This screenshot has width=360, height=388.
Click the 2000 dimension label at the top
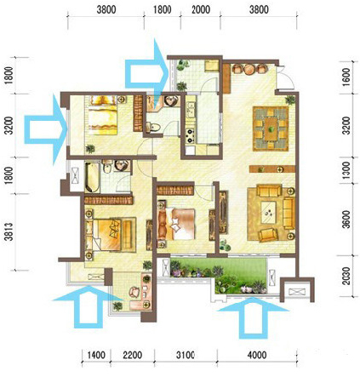tap(201, 9)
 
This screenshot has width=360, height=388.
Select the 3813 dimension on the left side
tap(9, 231)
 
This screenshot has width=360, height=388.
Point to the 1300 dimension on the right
tap(346, 170)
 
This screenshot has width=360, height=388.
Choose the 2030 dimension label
tap(346, 276)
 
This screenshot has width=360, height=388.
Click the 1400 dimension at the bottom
tap(96, 355)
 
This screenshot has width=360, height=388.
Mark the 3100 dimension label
tap(185, 355)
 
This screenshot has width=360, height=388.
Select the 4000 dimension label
tap(257, 355)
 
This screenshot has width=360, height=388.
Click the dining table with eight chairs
tap(271, 128)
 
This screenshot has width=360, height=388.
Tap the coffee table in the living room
tap(268, 213)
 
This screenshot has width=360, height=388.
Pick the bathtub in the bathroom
tap(92, 177)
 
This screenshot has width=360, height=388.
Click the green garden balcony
tap(219, 275)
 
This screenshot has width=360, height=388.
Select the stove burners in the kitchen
tap(190, 135)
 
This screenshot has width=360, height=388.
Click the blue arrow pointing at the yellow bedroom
tap(46, 129)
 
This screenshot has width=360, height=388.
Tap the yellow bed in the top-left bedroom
tap(103, 115)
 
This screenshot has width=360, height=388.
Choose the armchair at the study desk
tap(134, 292)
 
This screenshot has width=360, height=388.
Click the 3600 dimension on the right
tap(346, 219)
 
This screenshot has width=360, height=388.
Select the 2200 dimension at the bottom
tap(133, 355)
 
